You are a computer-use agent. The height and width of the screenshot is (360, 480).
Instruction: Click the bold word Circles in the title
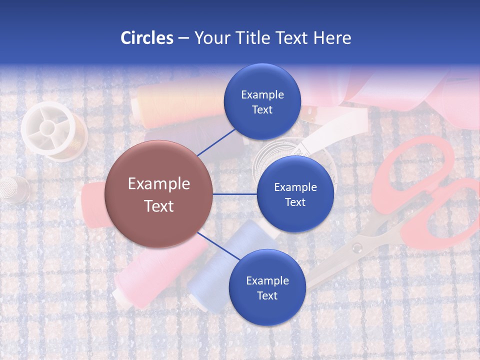[x=147, y=38]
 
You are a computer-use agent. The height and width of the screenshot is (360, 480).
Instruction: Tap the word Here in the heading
[x=332, y=38]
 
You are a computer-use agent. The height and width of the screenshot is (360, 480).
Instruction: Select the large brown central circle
[x=158, y=194]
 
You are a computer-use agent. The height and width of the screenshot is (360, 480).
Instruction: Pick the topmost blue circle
[x=262, y=101]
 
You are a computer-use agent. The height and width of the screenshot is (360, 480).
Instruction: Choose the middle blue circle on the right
[x=295, y=194]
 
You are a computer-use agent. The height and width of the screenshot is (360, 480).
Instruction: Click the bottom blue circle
[x=267, y=287]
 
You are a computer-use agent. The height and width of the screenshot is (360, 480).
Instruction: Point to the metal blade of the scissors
[x=330, y=270]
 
